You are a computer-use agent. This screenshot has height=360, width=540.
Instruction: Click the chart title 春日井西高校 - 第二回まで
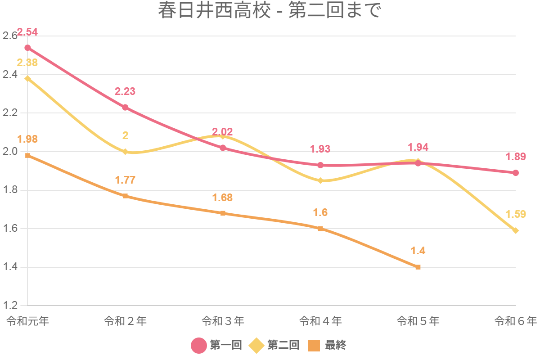[270, 11]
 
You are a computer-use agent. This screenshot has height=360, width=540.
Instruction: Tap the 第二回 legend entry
[274, 345]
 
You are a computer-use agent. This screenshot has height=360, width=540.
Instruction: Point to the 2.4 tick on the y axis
[10, 75]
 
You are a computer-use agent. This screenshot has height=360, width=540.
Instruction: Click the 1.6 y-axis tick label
[10, 229]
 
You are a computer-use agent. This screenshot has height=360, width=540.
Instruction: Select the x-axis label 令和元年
[28, 321]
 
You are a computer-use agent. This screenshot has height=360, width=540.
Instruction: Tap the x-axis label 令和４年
[320, 321]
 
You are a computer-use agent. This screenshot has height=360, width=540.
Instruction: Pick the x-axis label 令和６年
[515, 321]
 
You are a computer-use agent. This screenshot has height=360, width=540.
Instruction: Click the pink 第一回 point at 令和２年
[125, 108]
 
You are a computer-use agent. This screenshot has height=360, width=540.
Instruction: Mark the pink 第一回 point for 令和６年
[516, 173]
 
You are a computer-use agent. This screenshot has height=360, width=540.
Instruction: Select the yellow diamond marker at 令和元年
[28, 78]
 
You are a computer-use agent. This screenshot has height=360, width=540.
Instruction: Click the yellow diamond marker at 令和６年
[516, 230]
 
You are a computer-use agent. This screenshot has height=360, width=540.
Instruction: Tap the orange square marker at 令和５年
[418, 267]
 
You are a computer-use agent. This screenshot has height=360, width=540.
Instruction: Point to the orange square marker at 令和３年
[223, 213]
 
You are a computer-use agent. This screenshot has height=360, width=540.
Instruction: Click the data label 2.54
[27, 32]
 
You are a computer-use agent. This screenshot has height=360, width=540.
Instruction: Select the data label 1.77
[125, 180]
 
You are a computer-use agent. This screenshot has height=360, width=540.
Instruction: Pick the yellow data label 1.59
[516, 214]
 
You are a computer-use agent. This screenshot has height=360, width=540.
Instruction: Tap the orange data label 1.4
[418, 251]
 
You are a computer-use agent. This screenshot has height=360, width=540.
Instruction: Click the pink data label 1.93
[320, 149]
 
